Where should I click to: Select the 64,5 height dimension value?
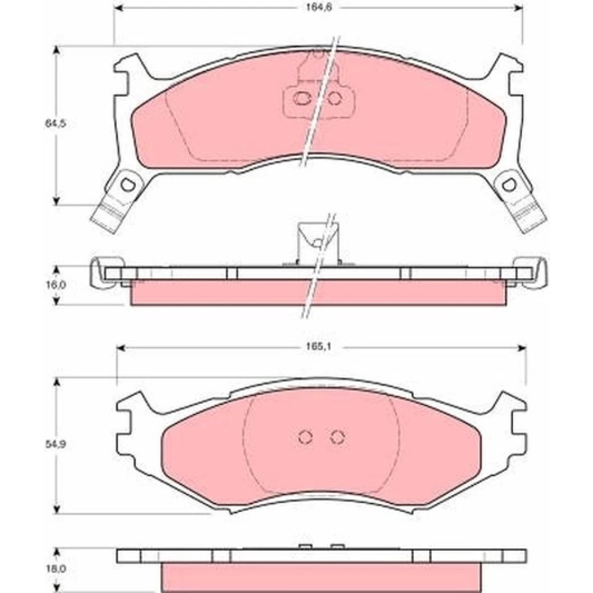tap(56, 123)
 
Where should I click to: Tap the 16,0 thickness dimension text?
tap(56, 285)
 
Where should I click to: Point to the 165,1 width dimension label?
tap(319, 347)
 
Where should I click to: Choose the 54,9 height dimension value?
tap(56, 444)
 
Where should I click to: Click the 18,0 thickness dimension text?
tap(56, 569)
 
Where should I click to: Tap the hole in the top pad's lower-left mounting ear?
tap(127, 184)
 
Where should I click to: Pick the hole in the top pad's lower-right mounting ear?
tap(509, 184)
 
